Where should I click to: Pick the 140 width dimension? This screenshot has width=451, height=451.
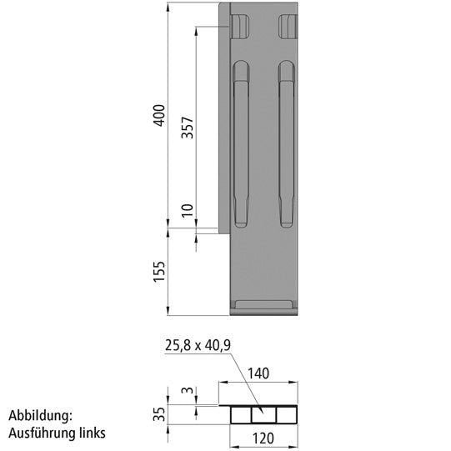[x=258, y=375]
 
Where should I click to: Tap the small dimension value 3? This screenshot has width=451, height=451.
[x=188, y=390]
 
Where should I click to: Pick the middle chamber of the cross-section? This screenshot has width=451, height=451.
[x=264, y=414]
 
